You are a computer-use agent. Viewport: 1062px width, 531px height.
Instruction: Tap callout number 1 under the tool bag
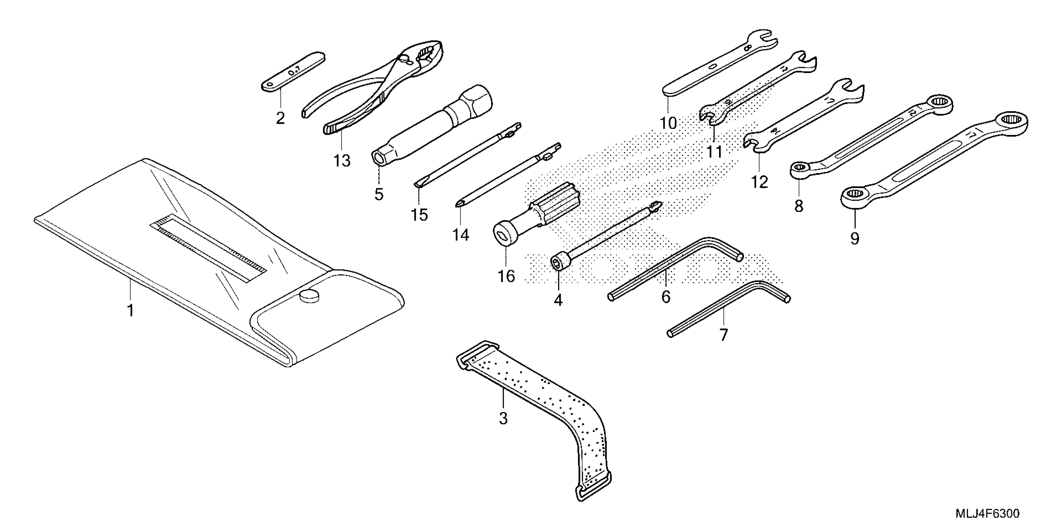pyautogui.click(x=130, y=310)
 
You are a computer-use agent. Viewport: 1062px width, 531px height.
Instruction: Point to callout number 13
pyautogui.click(x=342, y=160)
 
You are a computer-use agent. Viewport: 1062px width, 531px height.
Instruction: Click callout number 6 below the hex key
pyautogui.click(x=666, y=296)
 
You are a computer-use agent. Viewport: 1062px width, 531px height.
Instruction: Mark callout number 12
pyautogui.click(x=760, y=182)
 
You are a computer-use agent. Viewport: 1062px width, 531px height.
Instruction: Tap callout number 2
pyautogui.click(x=280, y=118)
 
